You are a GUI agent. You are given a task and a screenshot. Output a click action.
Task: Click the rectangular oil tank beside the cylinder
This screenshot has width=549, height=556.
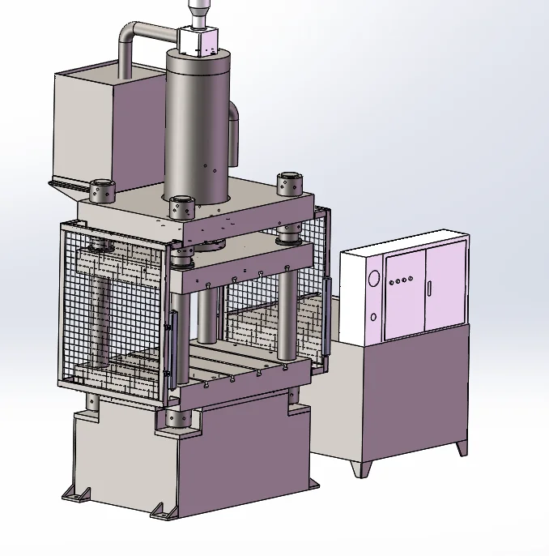(x=89, y=122)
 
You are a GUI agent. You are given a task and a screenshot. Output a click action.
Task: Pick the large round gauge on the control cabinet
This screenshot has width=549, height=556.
(x=373, y=279)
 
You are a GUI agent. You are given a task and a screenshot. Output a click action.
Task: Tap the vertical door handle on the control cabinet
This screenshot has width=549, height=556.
(x=431, y=289)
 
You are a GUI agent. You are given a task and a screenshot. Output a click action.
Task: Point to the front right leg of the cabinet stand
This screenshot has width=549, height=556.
(x=462, y=447)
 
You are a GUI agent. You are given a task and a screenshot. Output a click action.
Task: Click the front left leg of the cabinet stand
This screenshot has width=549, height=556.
(x=359, y=468)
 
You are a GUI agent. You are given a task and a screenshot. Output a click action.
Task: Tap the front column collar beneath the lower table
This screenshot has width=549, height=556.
(x=177, y=418)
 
